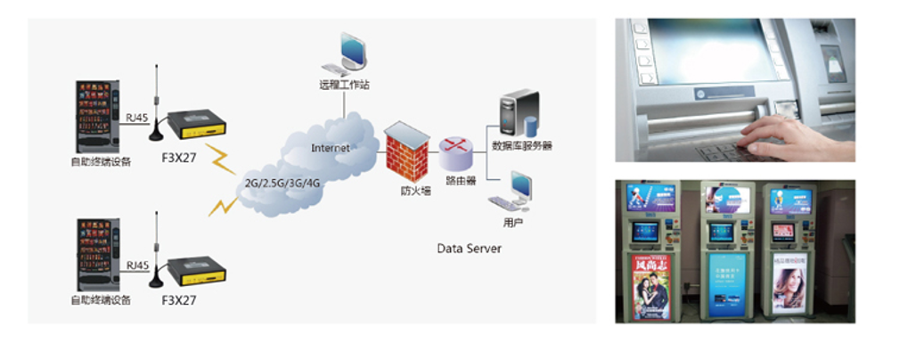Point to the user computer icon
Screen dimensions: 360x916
(x=514, y=192)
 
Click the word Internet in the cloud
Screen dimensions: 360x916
(x=331, y=148)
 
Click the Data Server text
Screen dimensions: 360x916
(x=469, y=249)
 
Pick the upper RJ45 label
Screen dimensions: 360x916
(x=138, y=116)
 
